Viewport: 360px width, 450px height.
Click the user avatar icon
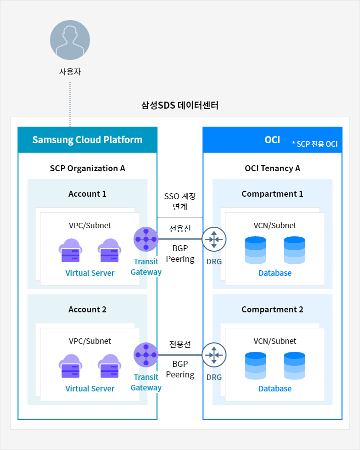pos(70,41)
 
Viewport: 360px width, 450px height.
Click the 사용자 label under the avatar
pos(70,72)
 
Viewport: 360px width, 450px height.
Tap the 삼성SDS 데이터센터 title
pos(180,106)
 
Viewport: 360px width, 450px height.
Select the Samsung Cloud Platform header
pos(87,140)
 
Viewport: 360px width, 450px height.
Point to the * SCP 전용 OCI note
pos(314,144)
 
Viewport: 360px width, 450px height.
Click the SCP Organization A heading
pos(87,168)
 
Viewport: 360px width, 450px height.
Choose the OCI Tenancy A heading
pos(272,168)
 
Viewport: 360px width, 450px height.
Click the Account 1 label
pos(87,194)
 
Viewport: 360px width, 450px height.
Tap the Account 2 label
pos(87,309)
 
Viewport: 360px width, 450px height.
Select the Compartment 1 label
pos(272,194)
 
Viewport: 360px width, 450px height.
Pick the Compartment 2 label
pos(272,309)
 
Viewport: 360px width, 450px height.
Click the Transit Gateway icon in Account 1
pos(146,239)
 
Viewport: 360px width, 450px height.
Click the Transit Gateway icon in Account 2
pos(146,355)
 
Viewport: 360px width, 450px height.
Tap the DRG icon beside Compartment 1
pos(214,239)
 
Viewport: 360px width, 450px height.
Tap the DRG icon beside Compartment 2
pos(214,355)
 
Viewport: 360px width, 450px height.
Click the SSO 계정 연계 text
pos(180,201)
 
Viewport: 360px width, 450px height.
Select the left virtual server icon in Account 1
pos(70,251)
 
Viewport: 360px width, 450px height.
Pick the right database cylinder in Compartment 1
pos(294,250)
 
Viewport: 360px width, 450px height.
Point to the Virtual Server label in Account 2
pos(90,388)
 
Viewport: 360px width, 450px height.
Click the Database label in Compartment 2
pos(275,388)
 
